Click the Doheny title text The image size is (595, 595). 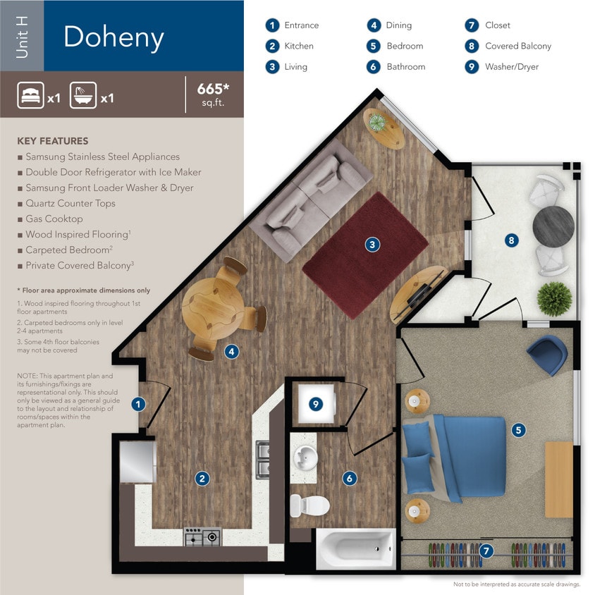pyautogui.click(x=114, y=37)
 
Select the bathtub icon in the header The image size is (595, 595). pyautogui.click(x=83, y=94)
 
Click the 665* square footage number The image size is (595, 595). pyautogui.click(x=212, y=90)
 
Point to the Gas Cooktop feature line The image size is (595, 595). pyautogui.click(x=54, y=219)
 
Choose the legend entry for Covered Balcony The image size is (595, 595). pyautogui.click(x=517, y=46)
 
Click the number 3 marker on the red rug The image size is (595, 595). pyautogui.click(x=372, y=245)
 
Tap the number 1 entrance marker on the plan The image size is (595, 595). pyautogui.click(x=139, y=405)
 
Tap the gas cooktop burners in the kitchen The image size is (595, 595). pyautogui.click(x=202, y=538)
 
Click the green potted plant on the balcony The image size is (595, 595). pyautogui.click(x=553, y=297)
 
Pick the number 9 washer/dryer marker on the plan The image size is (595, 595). pyautogui.click(x=316, y=404)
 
